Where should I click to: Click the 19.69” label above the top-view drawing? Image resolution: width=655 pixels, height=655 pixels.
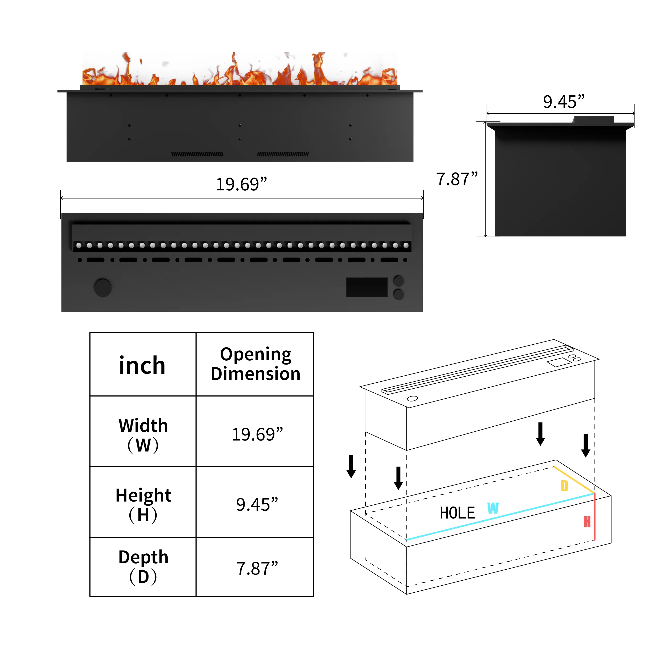[241, 184]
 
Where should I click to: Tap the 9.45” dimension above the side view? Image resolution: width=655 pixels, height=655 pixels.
[563, 102]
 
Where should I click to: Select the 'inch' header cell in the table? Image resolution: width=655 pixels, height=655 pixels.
[142, 365]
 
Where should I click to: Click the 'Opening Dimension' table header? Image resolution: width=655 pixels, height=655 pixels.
[256, 364]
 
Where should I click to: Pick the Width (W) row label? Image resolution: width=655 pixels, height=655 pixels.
[143, 435]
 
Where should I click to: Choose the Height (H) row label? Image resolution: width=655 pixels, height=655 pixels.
[143, 505]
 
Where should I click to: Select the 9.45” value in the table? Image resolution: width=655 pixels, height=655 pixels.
[257, 504]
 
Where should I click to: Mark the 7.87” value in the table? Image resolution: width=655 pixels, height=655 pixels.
[257, 569]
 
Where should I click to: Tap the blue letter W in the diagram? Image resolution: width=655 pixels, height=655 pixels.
[493, 508]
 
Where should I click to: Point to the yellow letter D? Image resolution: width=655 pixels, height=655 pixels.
[564, 486]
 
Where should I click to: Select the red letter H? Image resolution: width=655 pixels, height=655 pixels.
[587, 521]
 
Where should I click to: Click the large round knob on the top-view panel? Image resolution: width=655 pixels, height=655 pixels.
[102, 288]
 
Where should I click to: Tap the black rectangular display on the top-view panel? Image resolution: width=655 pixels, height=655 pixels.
[367, 287]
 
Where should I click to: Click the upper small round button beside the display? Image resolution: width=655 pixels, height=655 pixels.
[398, 281]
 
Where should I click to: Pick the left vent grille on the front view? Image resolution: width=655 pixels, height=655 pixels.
[197, 154]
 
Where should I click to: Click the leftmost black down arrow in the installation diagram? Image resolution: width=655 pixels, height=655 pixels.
[351, 466]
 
